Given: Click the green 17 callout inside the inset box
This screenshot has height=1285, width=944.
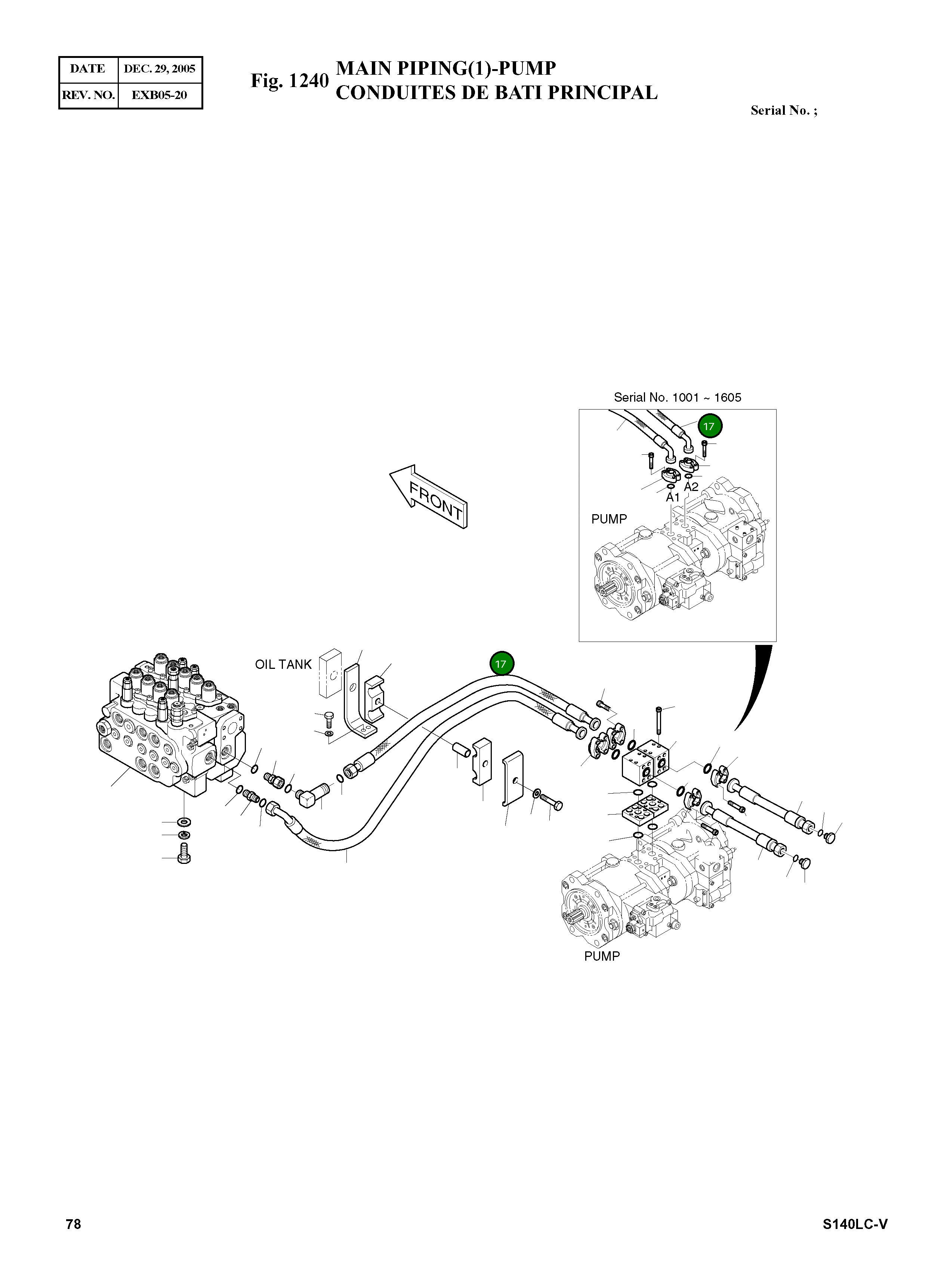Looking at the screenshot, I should (x=709, y=426).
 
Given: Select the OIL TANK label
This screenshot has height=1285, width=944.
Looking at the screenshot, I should (x=283, y=664).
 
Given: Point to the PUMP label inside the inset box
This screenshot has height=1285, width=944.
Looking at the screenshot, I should (x=608, y=519).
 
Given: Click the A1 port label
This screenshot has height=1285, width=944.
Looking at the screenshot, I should (x=673, y=498).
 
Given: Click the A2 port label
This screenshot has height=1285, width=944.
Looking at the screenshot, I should (x=691, y=487).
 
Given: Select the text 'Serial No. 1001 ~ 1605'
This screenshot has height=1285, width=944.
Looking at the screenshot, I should (x=677, y=398).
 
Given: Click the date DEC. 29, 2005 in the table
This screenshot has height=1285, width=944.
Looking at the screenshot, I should (x=160, y=69).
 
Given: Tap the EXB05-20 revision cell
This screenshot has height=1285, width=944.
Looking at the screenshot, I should (x=160, y=95).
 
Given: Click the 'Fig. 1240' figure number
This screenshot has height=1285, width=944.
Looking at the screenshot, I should (x=290, y=81).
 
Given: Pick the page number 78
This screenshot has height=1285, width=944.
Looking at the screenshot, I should (x=73, y=1224).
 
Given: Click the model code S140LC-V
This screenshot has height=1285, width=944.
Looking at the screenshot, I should (x=854, y=1224).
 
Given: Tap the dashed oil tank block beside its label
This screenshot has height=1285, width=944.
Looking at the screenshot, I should (x=330, y=674).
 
